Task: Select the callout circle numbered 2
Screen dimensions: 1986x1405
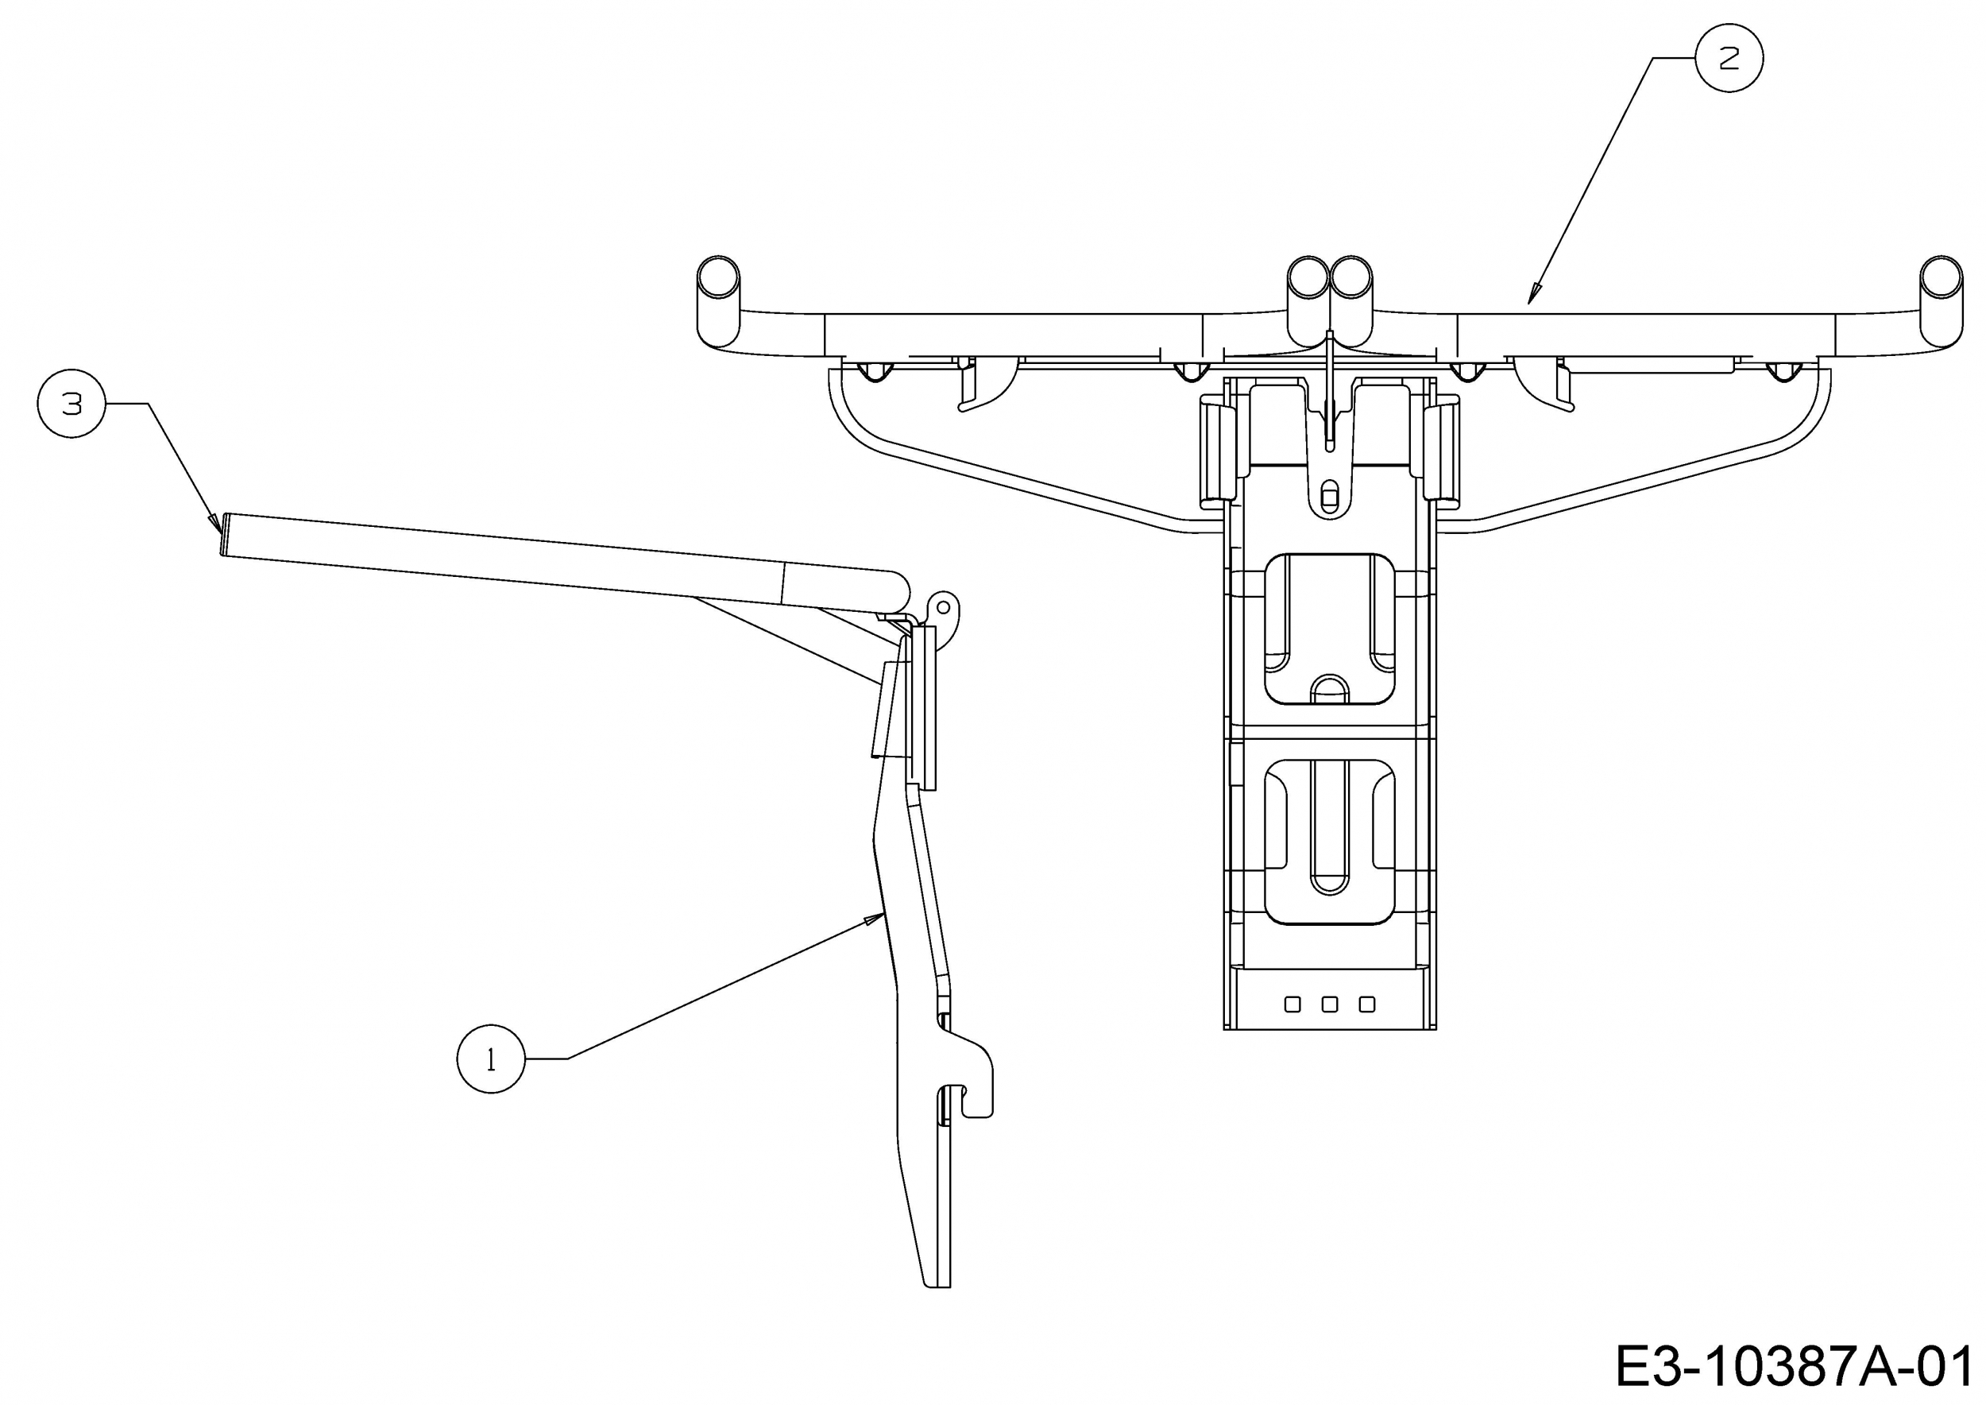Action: (x=1729, y=58)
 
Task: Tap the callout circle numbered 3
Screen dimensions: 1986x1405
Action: (x=71, y=403)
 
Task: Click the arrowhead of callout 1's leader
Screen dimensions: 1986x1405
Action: (x=873, y=919)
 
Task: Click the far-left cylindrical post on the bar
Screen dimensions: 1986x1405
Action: (x=718, y=301)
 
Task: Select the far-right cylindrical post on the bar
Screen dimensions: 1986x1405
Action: (x=1941, y=301)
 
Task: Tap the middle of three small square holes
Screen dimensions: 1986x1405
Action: (x=1331, y=1004)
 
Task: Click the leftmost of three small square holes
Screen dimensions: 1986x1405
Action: (x=1293, y=1004)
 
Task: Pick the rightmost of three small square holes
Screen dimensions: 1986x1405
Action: (x=1367, y=1004)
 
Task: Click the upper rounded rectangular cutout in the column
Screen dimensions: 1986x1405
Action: (x=1330, y=629)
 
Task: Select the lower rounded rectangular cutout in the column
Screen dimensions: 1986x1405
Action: (x=1330, y=842)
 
